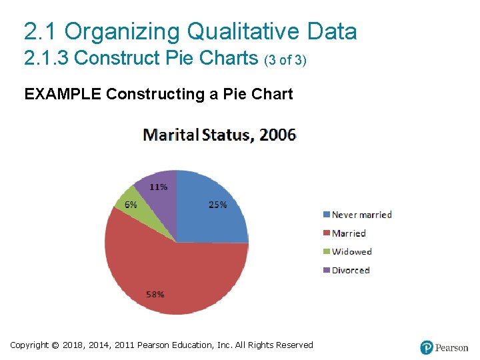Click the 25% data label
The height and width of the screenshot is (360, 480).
point(218,205)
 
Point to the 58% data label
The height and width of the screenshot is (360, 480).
point(155,294)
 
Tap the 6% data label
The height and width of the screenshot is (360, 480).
point(131,204)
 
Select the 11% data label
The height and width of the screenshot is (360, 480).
point(158,187)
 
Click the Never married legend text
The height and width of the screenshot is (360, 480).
point(361,215)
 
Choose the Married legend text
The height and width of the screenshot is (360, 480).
point(349,233)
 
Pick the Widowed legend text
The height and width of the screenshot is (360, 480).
point(351,251)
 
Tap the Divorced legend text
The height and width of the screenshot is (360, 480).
point(351,270)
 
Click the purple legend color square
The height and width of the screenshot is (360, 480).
point(326,270)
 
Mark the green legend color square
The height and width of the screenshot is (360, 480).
point(326,251)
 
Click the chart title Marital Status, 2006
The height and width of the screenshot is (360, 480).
point(220,135)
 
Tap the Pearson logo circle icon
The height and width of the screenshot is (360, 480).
point(427,347)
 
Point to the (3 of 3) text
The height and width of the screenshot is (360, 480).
point(285,60)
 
